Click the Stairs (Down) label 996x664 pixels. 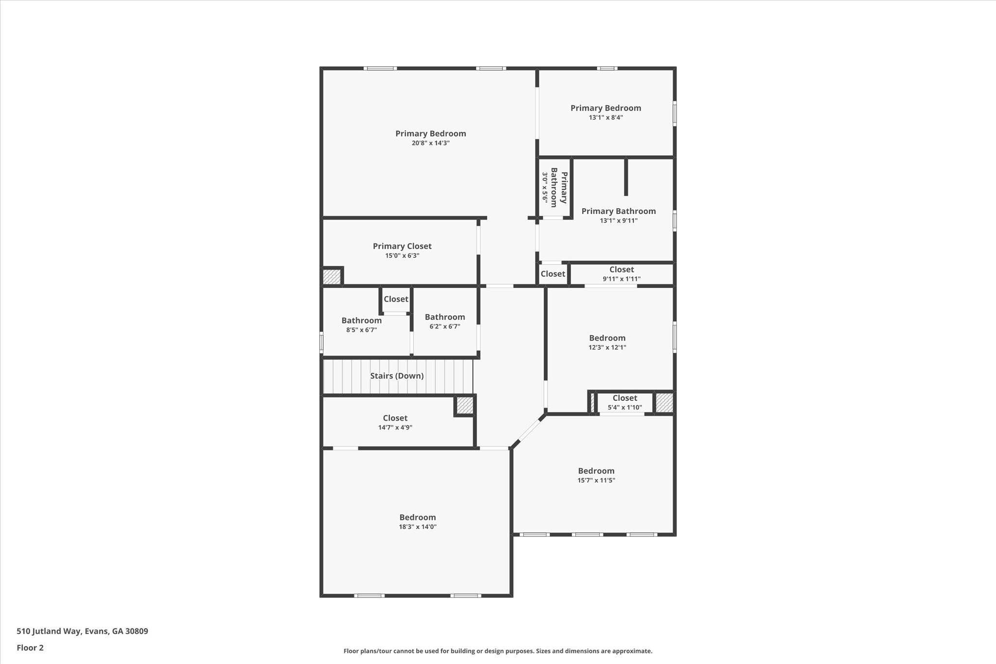pos(397,376)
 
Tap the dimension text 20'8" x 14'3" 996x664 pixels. pos(430,143)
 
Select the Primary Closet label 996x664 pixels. pos(402,246)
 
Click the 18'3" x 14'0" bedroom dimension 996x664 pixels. pos(418,527)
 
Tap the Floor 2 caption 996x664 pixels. pos(30,648)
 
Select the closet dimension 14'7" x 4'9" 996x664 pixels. pos(395,428)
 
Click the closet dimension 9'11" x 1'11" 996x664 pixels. pos(622,279)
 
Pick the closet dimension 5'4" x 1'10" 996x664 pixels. pos(624,408)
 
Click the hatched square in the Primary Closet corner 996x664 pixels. pos(332,277)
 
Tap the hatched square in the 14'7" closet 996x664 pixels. pos(464,406)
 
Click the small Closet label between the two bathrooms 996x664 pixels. pos(396,299)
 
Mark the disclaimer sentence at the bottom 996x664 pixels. pos(498,651)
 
